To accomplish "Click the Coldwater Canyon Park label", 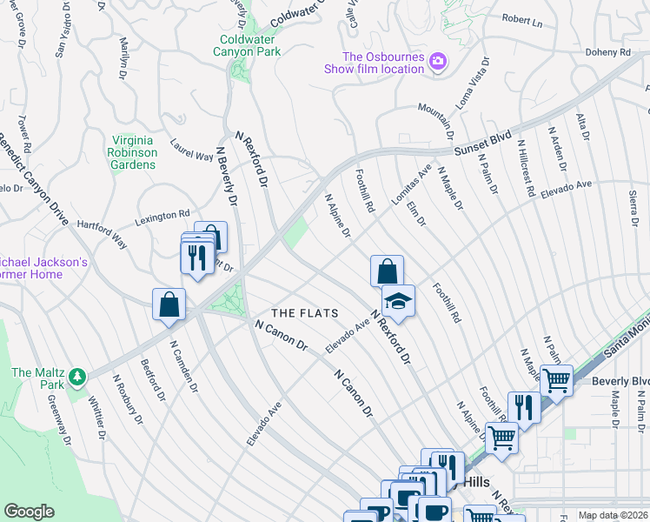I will coord(247,43).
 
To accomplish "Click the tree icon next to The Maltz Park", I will coord(79,377).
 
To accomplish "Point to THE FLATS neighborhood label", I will coord(304,312).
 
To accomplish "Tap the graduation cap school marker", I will coord(399,301).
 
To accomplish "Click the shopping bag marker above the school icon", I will coord(386,271).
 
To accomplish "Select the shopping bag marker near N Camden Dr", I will coord(169,304).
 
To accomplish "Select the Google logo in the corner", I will coord(29,512).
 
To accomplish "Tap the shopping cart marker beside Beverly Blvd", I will coord(555,379).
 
